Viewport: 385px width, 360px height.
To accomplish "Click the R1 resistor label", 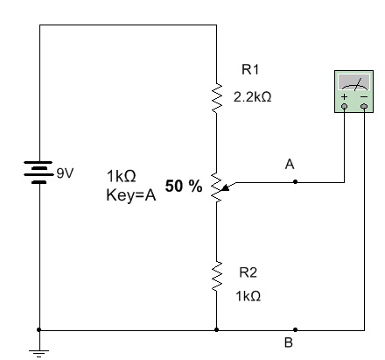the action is pos(250,70).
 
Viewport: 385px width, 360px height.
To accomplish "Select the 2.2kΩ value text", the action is pos(252,96).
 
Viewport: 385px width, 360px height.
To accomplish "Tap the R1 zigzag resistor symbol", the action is pos(216,98).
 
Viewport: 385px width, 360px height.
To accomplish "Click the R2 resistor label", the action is pos(248,272).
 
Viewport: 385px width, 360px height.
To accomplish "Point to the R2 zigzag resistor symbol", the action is pos(216,276).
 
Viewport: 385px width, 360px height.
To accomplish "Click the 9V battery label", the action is pos(65,173).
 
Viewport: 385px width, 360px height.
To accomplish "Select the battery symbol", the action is pos(38,173).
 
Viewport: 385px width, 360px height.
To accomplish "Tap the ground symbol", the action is pos(39,353).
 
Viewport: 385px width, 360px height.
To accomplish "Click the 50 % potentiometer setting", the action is pos(184,186).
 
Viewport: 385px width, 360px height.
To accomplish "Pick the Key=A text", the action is pos(131,195).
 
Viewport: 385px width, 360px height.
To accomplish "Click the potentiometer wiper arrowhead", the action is pos(225,187).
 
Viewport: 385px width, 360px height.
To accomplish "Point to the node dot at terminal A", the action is pos(295,181).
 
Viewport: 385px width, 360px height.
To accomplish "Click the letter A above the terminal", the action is pos(290,164).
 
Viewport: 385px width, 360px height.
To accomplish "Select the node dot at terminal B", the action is pos(295,329).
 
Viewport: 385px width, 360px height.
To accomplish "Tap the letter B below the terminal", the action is pos(289,342).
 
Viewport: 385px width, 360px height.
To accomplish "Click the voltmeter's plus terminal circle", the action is pos(345,106).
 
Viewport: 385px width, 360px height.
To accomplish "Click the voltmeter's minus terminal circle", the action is pos(364,106).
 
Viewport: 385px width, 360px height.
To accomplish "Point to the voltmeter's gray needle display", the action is pos(353,82).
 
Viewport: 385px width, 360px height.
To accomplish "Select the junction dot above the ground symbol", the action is pos(39,329).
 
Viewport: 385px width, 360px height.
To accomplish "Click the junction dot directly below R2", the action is pos(216,329).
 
